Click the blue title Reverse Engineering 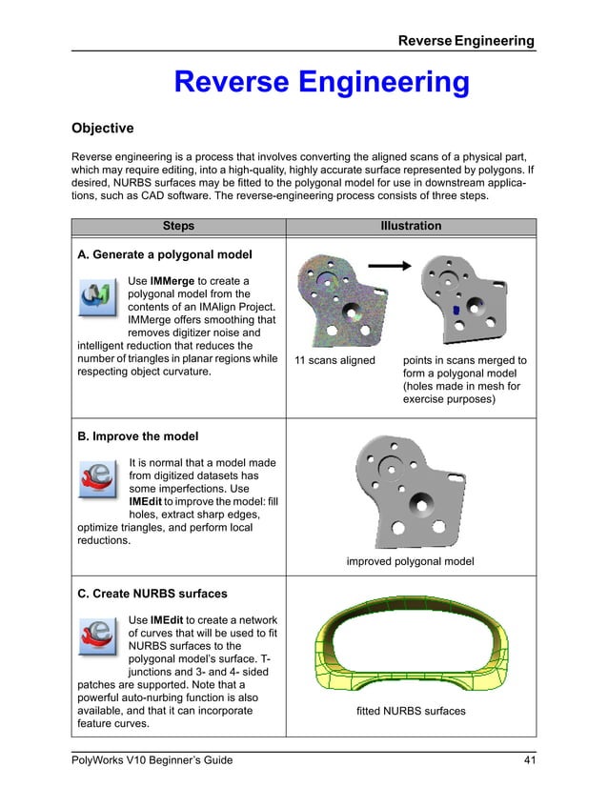tap(321, 84)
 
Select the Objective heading tap(103, 128)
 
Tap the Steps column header tap(178, 226)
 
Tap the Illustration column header tap(411, 226)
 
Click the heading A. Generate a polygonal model tap(164, 254)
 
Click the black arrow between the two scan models tap(395, 266)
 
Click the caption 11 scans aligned tap(334, 361)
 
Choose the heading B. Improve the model tap(137, 436)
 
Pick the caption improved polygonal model tap(410, 561)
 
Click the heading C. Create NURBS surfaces tap(152, 594)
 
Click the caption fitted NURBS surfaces tap(410, 711)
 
